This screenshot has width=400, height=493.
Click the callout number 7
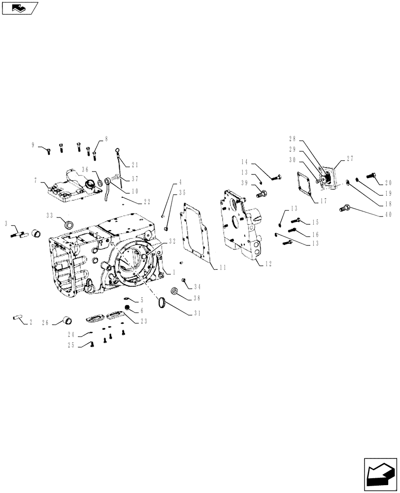click(36, 181)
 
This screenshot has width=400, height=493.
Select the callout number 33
click(49, 215)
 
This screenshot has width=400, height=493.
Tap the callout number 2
click(31, 322)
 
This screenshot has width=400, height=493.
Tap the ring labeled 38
click(174, 292)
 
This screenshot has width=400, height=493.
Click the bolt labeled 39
click(261, 193)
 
